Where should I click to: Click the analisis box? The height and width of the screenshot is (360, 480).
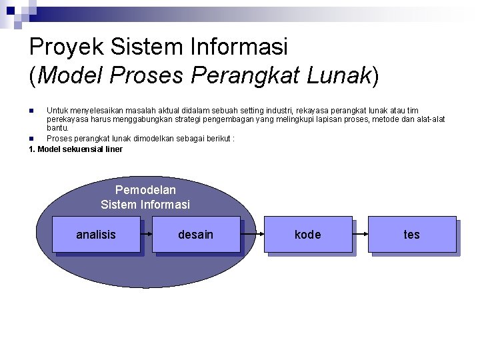(x=96, y=235)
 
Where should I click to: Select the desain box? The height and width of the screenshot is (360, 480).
(x=196, y=235)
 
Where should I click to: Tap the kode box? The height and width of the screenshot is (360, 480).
(x=308, y=235)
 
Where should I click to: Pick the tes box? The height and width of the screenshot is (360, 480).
(x=412, y=235)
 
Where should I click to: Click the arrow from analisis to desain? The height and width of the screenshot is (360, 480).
(x=147, y=234)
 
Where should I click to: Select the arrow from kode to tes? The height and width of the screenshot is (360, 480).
(x=361, y=234)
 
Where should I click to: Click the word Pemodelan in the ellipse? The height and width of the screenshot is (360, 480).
(x=145, y=190)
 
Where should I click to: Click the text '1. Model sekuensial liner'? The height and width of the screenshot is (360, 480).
(x=76, y=149)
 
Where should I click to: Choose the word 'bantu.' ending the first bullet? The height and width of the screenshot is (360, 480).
(x=58, y=127)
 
